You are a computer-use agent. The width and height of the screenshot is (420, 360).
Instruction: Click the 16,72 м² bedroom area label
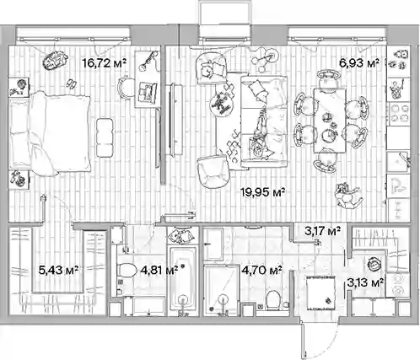pyautogui.click(x=104, y=63)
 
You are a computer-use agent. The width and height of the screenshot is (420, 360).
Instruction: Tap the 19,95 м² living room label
pyautogui.click(x=263, y=192)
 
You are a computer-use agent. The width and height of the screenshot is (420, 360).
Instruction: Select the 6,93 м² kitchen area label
pyautogui.click(x=359, y=63)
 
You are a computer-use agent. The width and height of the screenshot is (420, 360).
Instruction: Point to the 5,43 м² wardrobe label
pyautogui.click(x=58, y=271)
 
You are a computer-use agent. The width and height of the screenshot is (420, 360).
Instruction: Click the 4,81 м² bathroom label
pyautogui.click(x=159, y=271)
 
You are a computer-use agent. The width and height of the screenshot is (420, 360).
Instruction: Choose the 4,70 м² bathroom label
pyautogui.click(x=262, y=271)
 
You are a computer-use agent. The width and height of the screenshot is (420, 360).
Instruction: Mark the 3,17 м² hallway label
pyautogui.click(x=323, y=231)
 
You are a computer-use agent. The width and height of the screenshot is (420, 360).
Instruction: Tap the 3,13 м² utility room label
pyautogui.click(x=365, y=282)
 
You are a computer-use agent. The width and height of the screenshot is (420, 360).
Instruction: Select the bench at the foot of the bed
pyautogui.click(x=105, y=137)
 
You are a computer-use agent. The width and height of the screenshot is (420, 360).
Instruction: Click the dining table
pyautogui.click(x=330, y=121)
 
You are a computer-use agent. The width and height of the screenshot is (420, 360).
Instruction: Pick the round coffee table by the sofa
pyautogui.click(x=223, y=104)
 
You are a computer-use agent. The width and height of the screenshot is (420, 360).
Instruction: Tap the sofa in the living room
pyautogui.click(x=264, y=121)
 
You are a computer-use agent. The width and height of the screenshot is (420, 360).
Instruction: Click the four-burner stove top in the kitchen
pyautogui.click(x=399, y=113)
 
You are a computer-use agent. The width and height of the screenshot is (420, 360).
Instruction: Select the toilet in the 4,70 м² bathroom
pyautogui.click(x=272, y=300)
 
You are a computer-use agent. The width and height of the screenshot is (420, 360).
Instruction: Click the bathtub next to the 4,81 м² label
pyautogui.click(x=183, y=281)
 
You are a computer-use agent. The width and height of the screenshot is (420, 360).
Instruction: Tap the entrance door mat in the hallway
pyautogui.click(x=320, y=293)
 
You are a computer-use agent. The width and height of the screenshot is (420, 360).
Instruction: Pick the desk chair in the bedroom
pyautogui.click(x=126, y=87)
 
